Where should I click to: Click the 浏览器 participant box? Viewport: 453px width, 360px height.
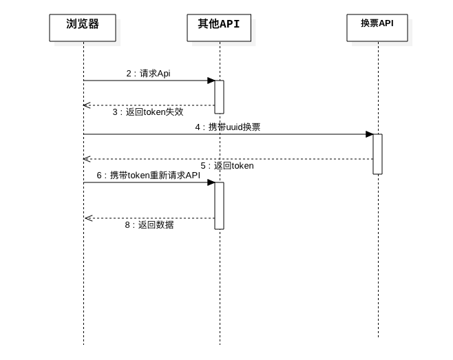click(x=83, y=25)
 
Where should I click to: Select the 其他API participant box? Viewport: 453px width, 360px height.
click(x=219, y=25)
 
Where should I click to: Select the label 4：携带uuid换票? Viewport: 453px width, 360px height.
click(x=227, y=127)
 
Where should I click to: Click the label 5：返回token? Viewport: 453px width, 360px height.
click(x=227, y=165)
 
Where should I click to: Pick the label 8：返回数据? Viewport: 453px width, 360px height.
click(x=149, y=224)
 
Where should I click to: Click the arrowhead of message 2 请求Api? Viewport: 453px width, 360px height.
click(x=211, y=81)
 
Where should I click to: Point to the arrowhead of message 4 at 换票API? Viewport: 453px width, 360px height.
click(x=370, y=134)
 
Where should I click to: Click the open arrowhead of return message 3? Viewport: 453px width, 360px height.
click(x=86, y=105)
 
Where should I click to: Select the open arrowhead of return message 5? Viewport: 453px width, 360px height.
click(x=86, y=159)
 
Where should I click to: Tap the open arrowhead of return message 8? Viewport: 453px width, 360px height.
click(x=87, y=218)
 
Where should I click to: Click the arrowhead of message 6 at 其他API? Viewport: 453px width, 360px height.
click(x=211, y=182)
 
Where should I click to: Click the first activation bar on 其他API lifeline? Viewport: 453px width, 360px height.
click(x=220, y=96)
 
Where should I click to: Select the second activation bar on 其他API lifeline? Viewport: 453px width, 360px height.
click(x=220, y=205)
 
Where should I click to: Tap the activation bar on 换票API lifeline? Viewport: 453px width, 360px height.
click(x=377, y=153)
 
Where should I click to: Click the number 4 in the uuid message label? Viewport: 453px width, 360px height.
click(x=198, y=127)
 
